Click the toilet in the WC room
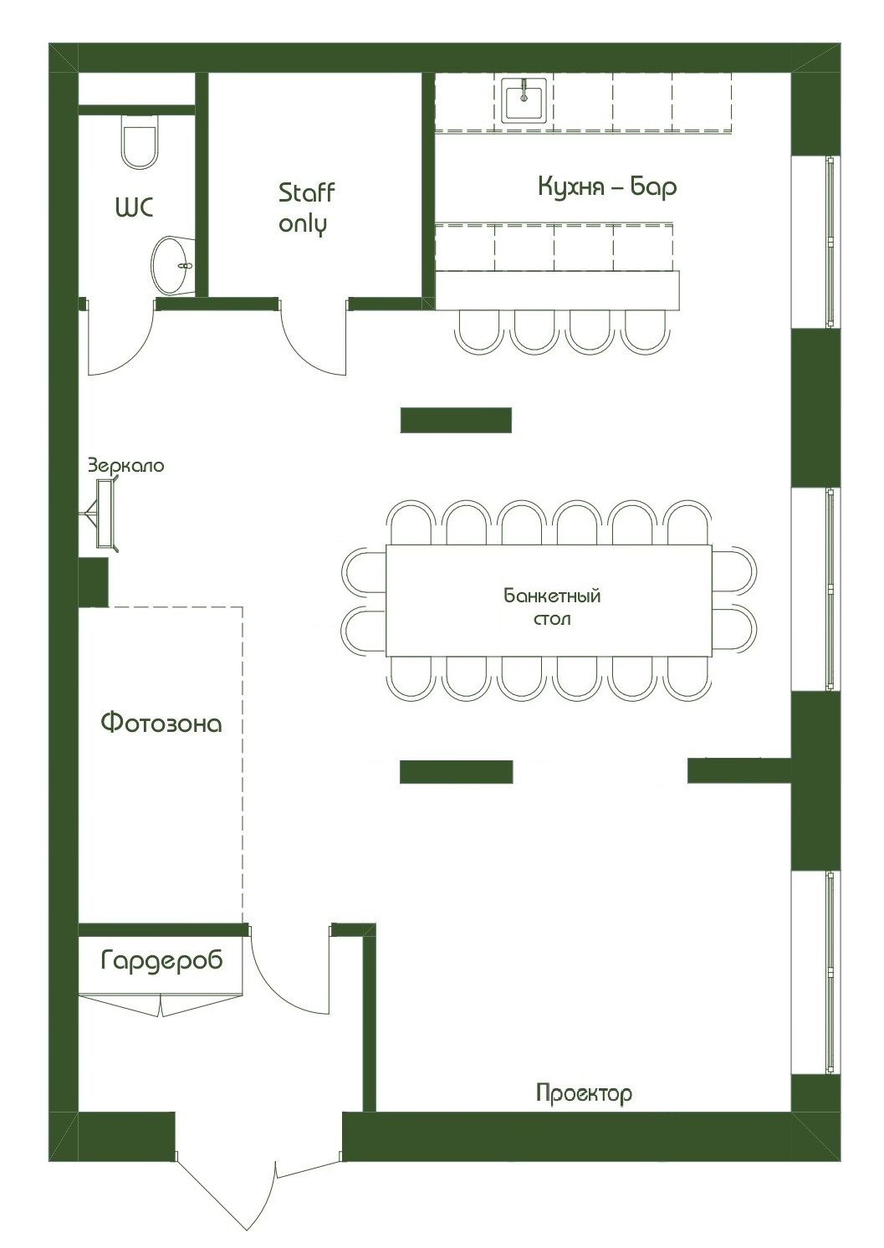(139, 141)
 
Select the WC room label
(135, 207)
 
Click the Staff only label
(306, 209)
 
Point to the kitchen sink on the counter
(524, 100)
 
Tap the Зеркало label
(126, 465)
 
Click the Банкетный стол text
(552, 606)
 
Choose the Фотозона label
(161, 724)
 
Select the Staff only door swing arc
(304, 348)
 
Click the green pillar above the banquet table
(456, 420)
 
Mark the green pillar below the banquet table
(456, 772)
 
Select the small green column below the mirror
(93, 583)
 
